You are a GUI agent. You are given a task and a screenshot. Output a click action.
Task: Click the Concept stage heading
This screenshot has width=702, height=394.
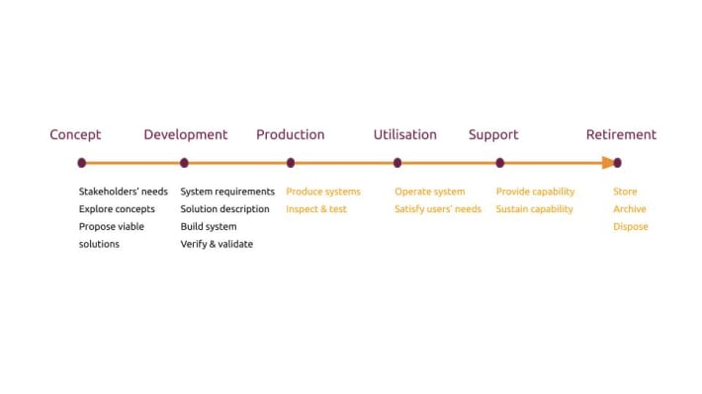click(x=75, y=134)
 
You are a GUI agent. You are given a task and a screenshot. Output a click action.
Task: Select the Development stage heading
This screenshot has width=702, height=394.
click(x=185, y=134)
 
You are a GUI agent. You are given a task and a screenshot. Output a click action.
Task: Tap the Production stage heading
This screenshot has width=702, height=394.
click(x=290, y=134)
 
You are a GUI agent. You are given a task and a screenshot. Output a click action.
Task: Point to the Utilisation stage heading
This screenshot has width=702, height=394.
click(x=404, y=134)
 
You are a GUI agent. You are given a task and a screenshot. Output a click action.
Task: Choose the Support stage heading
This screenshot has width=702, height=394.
click(x=492, y=134)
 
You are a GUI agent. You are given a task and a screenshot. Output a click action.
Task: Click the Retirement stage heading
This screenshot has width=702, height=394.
click(x=621, y=134)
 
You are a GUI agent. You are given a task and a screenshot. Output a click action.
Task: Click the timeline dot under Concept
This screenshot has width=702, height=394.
click(x=81, y=163)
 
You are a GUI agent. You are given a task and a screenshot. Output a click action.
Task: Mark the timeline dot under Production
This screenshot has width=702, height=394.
click(x=290, y=163)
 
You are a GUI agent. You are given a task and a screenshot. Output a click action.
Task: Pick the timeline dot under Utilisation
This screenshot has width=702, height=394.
click(x=397, y=163)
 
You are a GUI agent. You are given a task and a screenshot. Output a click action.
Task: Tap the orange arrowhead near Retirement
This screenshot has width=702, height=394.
click(x=607, y=163)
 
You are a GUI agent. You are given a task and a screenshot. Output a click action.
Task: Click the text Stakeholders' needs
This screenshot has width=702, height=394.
click(x=124, y=192)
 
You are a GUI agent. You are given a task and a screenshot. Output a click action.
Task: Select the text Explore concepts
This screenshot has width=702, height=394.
click(x=117, y=209)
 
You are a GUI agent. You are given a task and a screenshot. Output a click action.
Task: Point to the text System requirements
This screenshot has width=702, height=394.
click(x=227, y=192)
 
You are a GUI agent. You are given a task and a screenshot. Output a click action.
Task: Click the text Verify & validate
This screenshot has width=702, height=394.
click(x=217, y=244)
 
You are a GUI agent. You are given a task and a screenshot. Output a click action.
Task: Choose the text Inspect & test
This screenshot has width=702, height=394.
click(x=316, y=209)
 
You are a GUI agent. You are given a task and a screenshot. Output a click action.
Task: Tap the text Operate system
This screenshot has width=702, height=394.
click(x=429, y=192)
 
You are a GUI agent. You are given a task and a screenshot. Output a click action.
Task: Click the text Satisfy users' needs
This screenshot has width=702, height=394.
click(x=438, y=209)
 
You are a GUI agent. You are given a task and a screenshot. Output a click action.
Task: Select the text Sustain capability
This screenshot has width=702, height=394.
click(x=534, y=209)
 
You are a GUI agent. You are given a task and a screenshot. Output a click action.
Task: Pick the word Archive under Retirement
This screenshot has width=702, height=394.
click(x=630, y=209)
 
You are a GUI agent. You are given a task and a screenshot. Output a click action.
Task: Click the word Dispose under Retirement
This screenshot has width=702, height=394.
click(x=631, y=227)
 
